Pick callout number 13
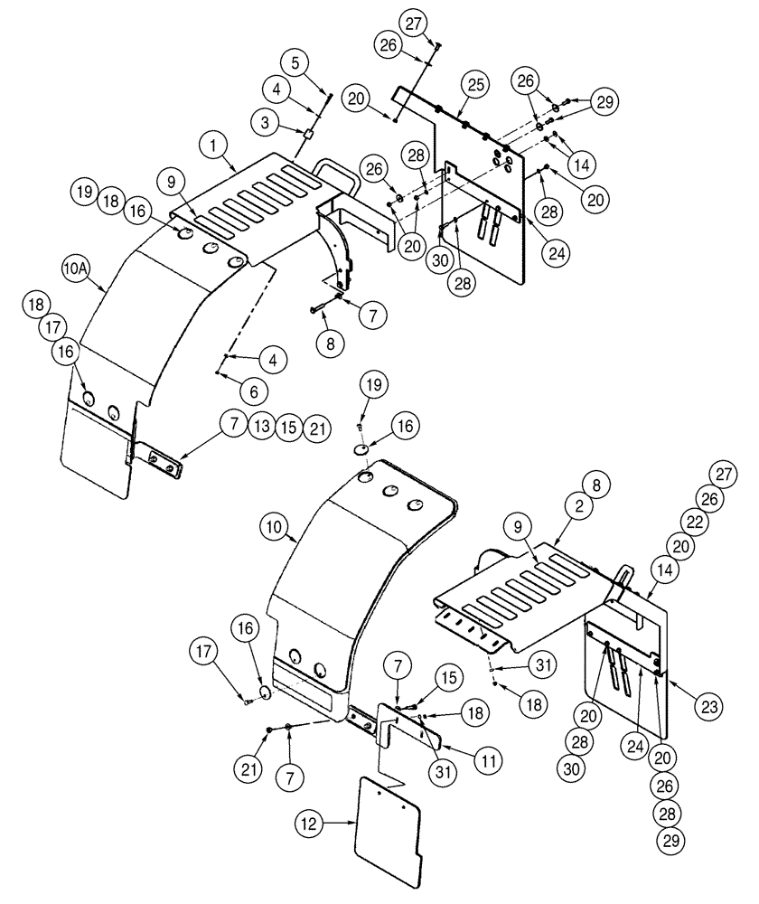tap(261, 425)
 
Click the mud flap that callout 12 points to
tap(390, 829)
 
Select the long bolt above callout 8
tap(323, 305)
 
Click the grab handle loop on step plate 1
tap(337, 174)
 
